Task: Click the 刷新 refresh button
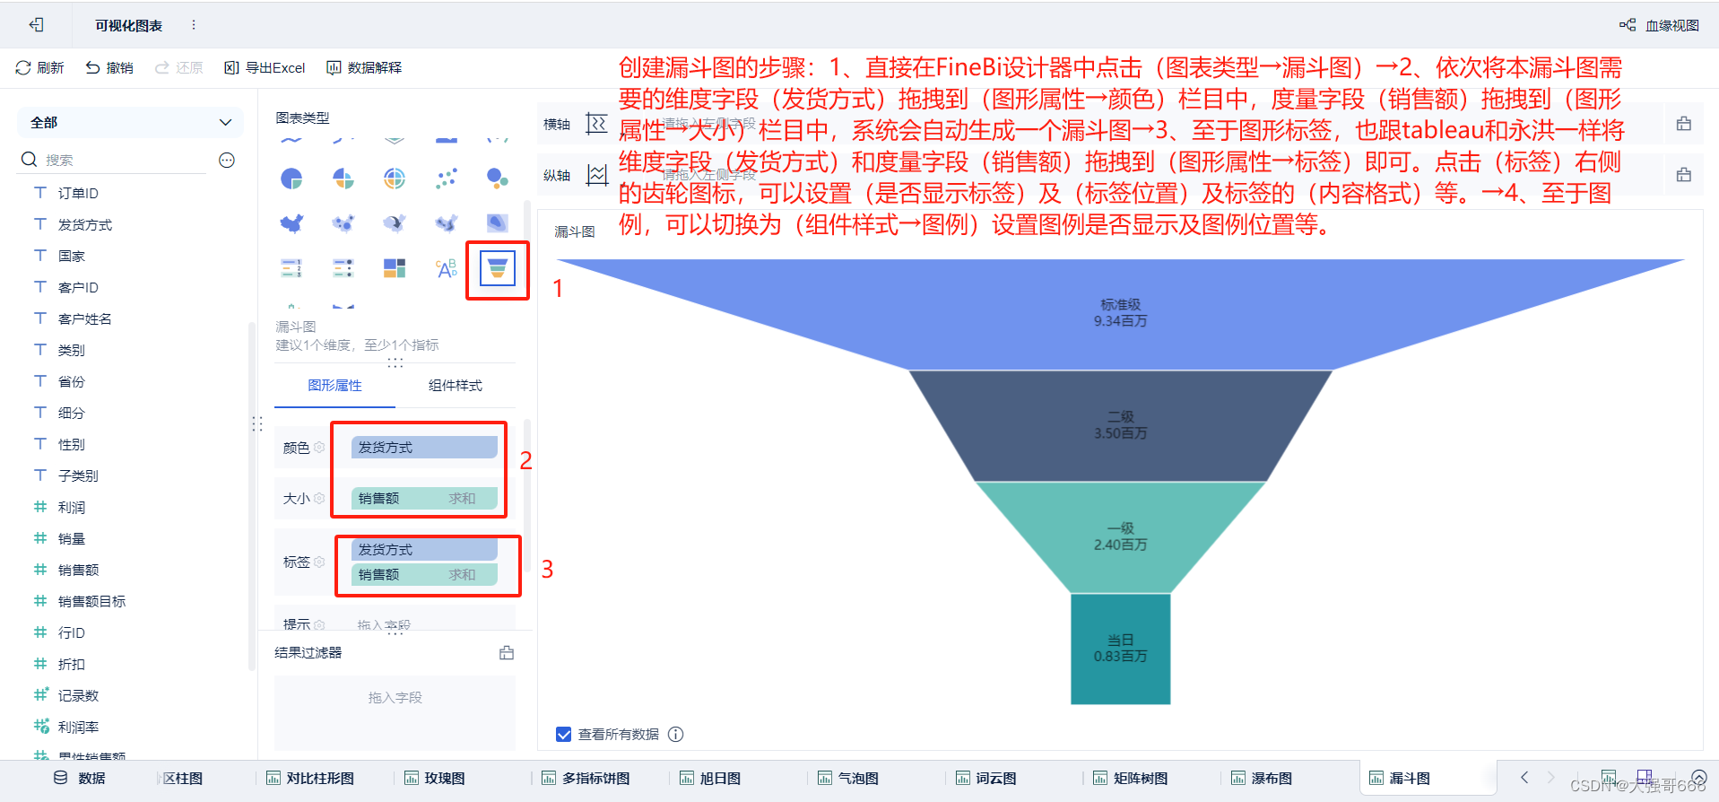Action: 39,67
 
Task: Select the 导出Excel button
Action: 265,67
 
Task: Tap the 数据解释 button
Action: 364,67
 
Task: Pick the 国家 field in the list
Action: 72,256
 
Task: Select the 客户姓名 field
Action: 84,318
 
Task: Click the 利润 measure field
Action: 72,507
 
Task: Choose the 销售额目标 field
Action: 91,601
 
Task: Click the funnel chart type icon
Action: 498,268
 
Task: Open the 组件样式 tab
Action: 455,385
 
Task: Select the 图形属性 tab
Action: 334,385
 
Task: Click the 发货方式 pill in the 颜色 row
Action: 424,447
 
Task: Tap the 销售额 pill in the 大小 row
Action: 424,498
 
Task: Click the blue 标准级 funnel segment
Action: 1120,313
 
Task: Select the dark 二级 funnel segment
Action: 1120,425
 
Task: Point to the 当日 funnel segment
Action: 1120,648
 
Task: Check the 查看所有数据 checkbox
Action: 563,734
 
